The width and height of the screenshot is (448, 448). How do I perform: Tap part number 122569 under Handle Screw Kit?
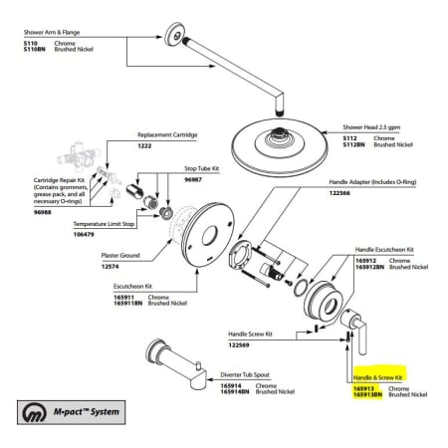pos(241,344)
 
